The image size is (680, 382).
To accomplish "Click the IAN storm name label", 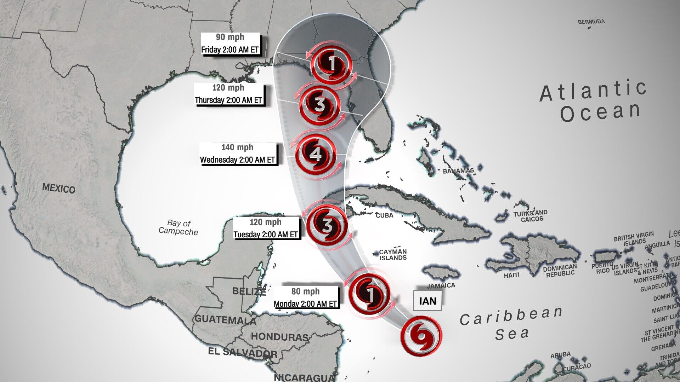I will pyautogui.click(x=427, y=301).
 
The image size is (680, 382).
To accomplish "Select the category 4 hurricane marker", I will pyautogui.click(x=316, y=154).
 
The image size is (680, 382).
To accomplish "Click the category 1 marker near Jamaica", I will pyautogui.click(x=369, y=294).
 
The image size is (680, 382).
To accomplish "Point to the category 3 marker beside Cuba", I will pyautogui.click(x=327, y=225).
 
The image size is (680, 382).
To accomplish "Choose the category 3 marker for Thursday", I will pyautogui.click(x=319, y=104).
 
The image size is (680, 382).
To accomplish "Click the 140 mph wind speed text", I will pyautogui.click(x=237, y=147).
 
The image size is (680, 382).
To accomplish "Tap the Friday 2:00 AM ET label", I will pyautogui.click(x=230, y=50).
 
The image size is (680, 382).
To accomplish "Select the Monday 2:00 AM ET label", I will pyautogui.click(x=305, y=304).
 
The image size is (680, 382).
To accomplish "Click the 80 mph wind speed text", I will pyautogui.click(x=305, y=291).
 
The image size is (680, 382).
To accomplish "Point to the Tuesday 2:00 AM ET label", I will pyautogui.click(x=265, y=235).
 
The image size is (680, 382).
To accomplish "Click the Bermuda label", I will pyautogui.click(x=591, y=22).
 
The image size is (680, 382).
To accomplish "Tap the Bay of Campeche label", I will pyautogui.click(x=178, y=227).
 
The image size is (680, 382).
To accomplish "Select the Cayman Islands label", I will pyautogui.click(x=393, y=255).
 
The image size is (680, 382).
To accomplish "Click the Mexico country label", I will pyautogui.click(x=59, y=189).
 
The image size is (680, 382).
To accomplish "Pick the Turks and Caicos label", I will pyautogui.click(x=531, y=216).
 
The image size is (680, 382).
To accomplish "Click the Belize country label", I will pyautogui.click(x=249, y=291).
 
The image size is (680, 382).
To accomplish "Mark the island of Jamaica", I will pyautogui.click(x=441, y=272).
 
